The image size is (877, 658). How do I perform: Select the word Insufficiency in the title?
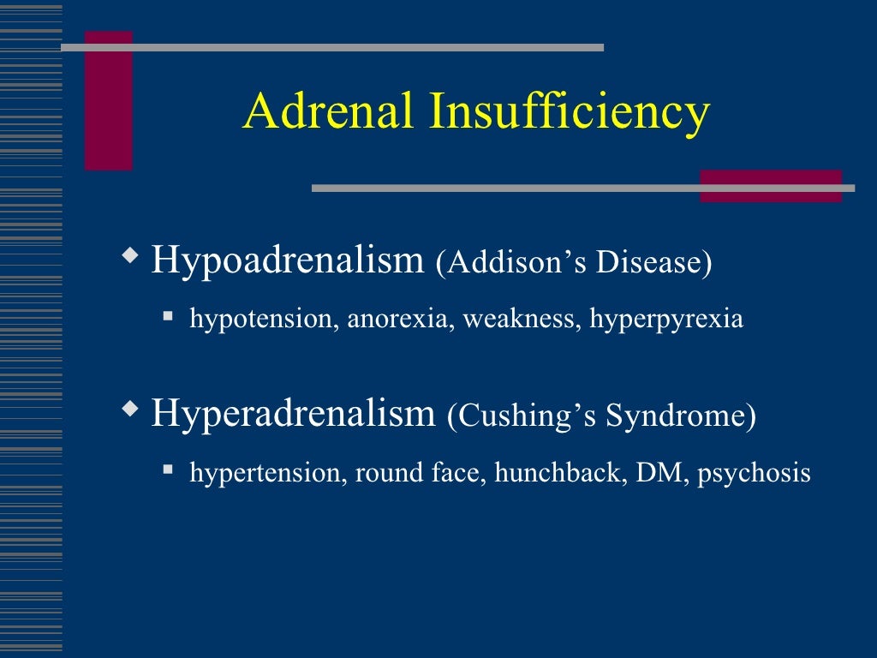coord(570,113)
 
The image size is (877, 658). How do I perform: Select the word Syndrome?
coord(681,416)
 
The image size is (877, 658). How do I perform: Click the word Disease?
coord(654,263)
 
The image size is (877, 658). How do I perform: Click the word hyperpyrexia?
coord(666,320)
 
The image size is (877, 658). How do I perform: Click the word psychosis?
coord(754,473)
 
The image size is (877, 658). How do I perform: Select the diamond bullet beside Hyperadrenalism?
coord(129,410)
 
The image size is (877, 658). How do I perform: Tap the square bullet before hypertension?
coord(169,470)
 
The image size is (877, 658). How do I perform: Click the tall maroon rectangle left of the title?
coord(108,100)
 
